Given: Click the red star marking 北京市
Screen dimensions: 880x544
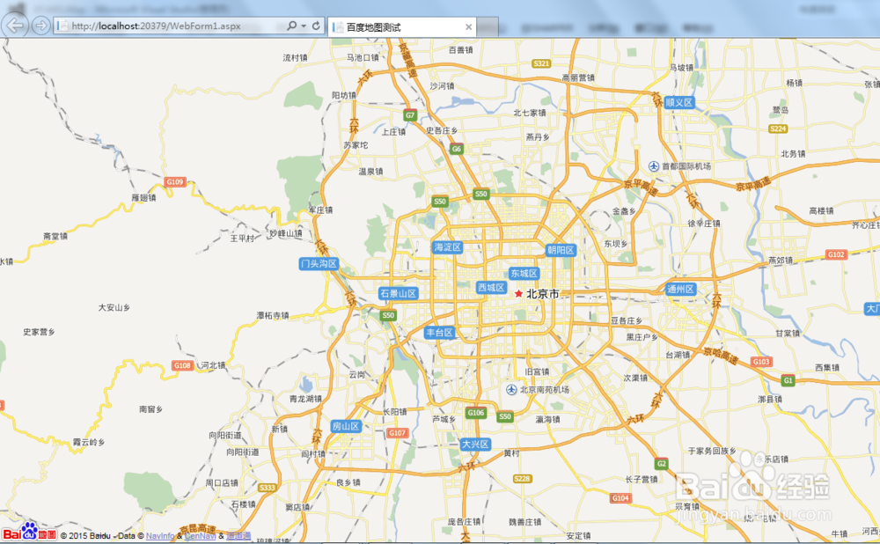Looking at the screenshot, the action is [518, 294].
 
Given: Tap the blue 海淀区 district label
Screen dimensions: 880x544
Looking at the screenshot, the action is [447, 247].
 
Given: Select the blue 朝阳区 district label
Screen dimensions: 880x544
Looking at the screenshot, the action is [560, 250].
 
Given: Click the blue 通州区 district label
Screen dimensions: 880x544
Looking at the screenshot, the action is [680, 289].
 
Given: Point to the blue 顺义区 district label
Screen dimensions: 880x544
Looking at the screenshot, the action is [679, 102].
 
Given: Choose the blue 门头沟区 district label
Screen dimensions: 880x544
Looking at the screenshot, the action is [319, 263].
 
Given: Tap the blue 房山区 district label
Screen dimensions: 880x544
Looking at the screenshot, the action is [346, 426].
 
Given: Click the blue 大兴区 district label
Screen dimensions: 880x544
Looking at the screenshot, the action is [474, 445].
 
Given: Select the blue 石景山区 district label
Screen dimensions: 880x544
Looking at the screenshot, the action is [398, 293].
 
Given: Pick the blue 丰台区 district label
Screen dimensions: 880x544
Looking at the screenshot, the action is [439, 333].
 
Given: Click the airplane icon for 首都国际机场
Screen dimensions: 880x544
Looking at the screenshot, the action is [654, 166].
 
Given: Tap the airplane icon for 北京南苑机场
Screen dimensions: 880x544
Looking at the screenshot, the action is [511, 389].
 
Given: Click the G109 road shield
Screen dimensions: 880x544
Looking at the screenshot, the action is [175, 182].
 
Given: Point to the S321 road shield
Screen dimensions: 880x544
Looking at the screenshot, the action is [541, 63].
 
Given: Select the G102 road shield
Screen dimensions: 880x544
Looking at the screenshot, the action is [836, 254].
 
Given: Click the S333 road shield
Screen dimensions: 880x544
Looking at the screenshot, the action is [268, 488].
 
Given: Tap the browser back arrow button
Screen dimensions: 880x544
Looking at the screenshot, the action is [15, 25].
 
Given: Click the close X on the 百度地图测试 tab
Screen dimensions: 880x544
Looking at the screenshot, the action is [469, 27].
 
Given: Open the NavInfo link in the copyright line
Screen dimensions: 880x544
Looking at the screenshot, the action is [159, 535].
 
